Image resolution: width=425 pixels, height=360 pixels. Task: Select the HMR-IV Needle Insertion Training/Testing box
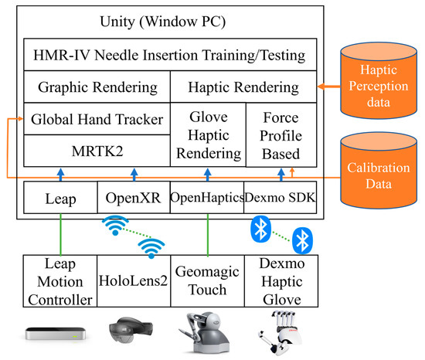click(169, 56)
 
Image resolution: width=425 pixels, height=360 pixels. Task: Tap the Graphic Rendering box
click(97, 87)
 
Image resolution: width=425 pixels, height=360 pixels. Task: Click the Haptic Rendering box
click(244, 87)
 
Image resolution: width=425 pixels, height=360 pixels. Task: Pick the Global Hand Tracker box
click(97, 119)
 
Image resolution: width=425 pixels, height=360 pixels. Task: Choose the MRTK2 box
click(97, 150)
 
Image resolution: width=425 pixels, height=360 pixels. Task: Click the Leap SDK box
click(60, 199)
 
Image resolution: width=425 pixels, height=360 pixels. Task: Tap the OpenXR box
click(133, 199)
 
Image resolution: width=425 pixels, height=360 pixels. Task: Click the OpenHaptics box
click(206, 199)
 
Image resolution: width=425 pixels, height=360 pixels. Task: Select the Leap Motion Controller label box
click(60, 283)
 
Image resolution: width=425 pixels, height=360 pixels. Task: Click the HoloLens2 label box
click(133, 283)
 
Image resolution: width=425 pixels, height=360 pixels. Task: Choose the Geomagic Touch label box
click(206, 283)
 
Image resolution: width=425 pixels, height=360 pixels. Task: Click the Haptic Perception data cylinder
click(377, 78)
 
